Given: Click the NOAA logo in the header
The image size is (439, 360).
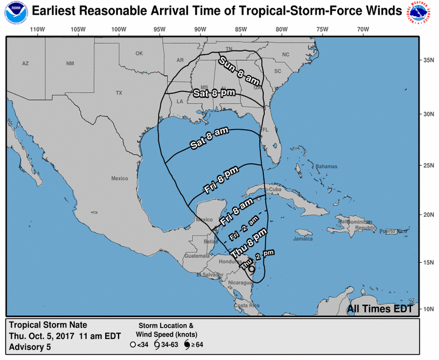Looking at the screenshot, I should point(16,11).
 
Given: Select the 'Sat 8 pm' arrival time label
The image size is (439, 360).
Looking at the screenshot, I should point(214,92).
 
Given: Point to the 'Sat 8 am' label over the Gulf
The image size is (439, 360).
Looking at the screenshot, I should point(209,137).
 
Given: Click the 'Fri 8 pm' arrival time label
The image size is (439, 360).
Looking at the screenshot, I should point(221,180).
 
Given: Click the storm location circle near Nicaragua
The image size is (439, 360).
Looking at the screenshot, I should point(252,269).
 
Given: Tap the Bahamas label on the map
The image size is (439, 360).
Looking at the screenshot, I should point(326,167).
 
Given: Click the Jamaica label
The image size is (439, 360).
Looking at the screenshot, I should point(303,239).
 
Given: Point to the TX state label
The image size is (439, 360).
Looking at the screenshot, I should point(119,93).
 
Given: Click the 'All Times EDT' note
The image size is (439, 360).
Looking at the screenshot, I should point(380,309).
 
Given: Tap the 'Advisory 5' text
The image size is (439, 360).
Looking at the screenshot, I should point(30,347).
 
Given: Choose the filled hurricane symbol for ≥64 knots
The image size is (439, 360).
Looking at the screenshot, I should point(186,344).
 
